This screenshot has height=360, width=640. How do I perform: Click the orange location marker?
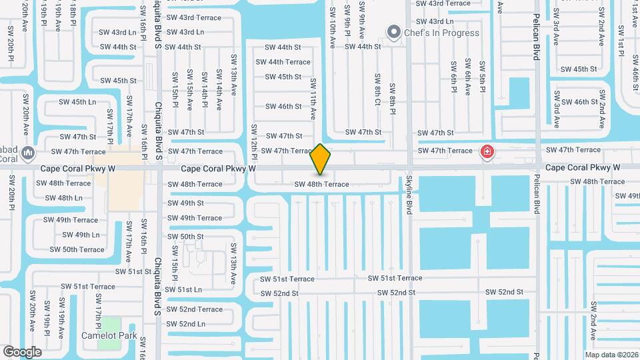coord(320,159)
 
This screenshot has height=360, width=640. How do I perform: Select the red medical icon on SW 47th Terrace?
coord(488,152)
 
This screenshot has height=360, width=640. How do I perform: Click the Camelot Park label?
coord(109,335)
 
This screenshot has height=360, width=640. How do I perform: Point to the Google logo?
coord(22,351)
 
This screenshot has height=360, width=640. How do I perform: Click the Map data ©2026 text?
coord(611,355)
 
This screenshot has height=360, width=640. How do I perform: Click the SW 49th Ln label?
coord(81,235)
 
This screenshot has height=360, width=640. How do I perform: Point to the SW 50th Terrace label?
coord(77,249)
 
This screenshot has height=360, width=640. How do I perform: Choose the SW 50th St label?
coord(186,236)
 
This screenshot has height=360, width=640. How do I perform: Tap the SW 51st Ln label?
coord(183,290)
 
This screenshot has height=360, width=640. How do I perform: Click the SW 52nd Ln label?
coord(186,324)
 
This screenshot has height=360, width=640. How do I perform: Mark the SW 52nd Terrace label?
coord(195,309)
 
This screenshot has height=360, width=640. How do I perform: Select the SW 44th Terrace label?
coord(284,62)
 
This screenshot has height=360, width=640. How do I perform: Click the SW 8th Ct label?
coord(377,89)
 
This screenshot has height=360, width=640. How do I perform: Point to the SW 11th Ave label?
coord(312,99)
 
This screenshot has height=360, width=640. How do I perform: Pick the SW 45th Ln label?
coord(78,102)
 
